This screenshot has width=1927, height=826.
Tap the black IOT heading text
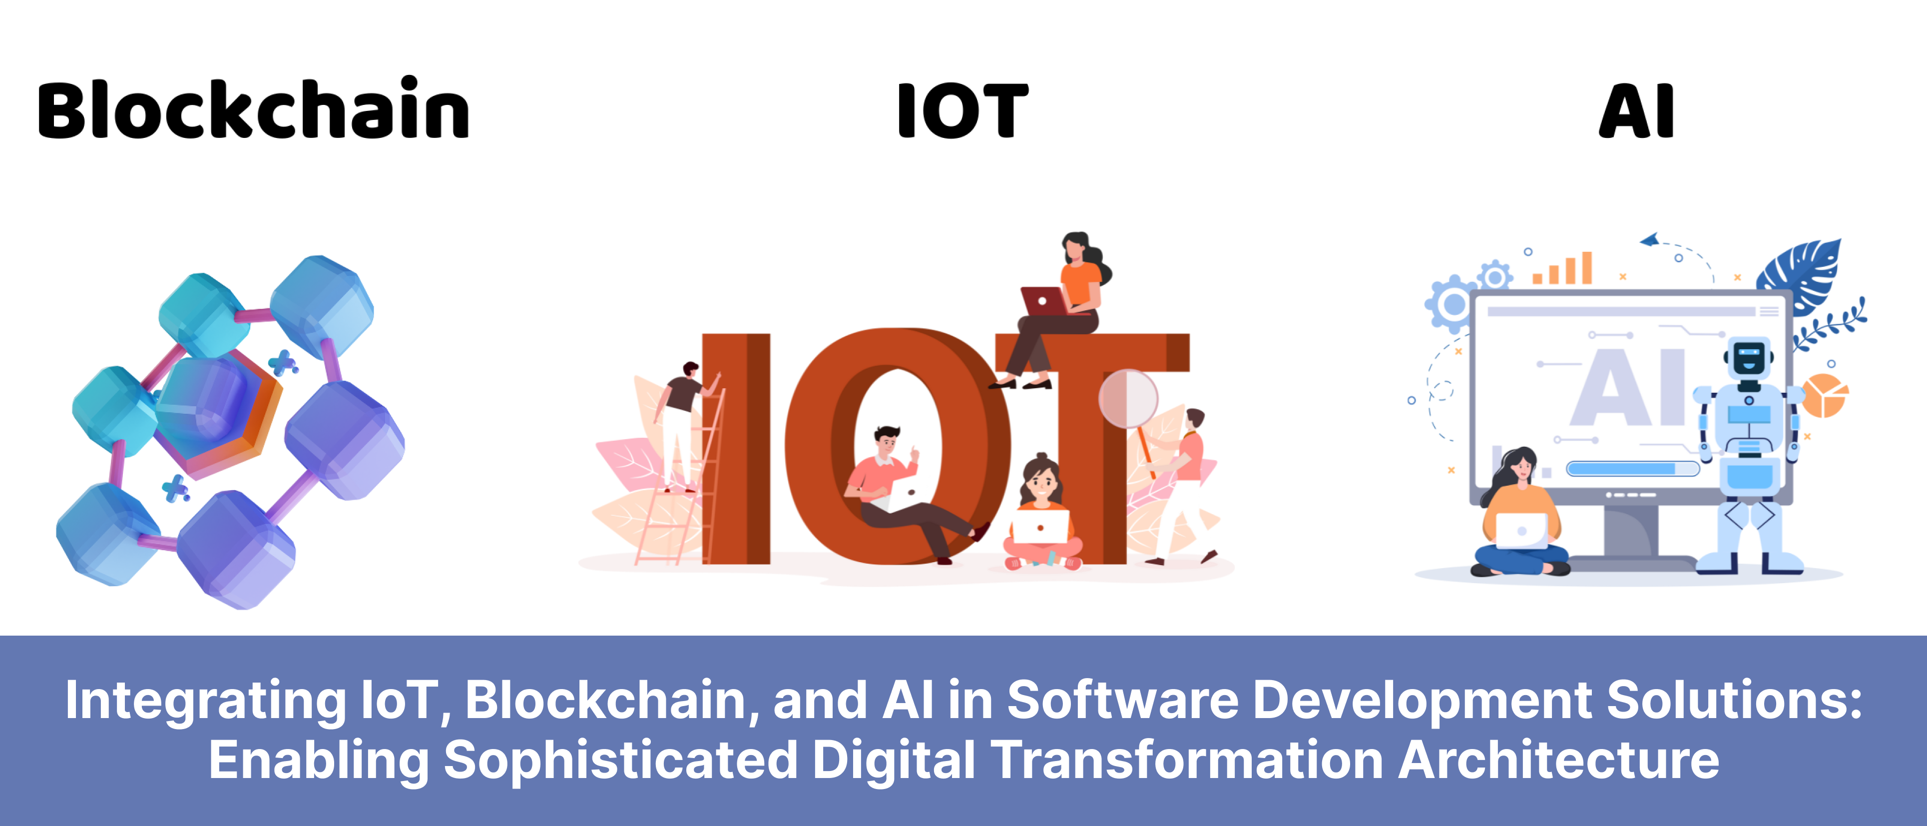click(963, 111)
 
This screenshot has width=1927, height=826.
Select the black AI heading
click(1636, 111)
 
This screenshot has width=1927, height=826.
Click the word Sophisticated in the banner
click(620, 760)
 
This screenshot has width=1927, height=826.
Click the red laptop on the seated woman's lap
click(1043, 301)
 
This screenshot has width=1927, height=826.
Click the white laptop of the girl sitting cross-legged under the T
click(1040, 526)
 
